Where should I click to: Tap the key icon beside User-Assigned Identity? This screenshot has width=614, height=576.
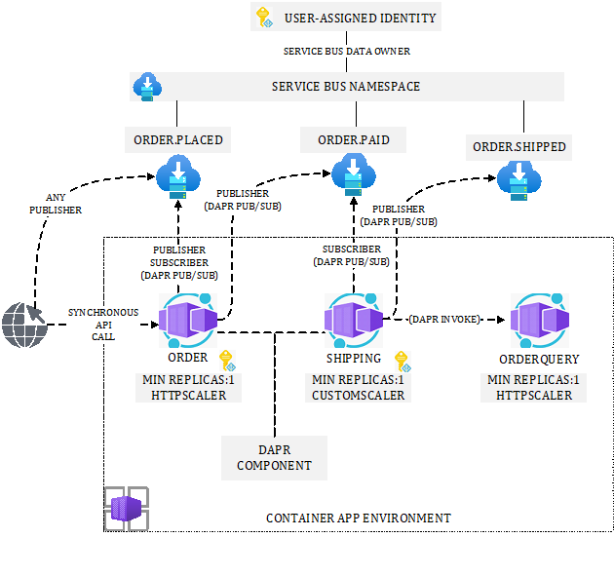(x=263, y=17)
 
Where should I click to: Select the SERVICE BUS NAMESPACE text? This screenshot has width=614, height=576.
(x=345, y=87)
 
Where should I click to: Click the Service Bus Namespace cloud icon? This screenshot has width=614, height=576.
(x=147, y=87)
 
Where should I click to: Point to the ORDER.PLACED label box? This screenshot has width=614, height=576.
(x=178, y=140)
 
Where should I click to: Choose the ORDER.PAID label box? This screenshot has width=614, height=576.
(x=353, y=140)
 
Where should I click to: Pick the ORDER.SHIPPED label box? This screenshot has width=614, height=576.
(x=519, y=147)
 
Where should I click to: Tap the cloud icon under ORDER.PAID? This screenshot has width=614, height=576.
(x=353, y=176)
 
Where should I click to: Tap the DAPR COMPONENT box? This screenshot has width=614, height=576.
(x=274, y=458)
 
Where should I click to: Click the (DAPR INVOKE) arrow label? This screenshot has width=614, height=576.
(x=444, y=319)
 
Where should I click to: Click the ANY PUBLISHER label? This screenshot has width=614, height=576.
(x=56, y=203)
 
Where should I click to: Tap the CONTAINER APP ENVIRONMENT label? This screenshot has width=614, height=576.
(x=359, y=518)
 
